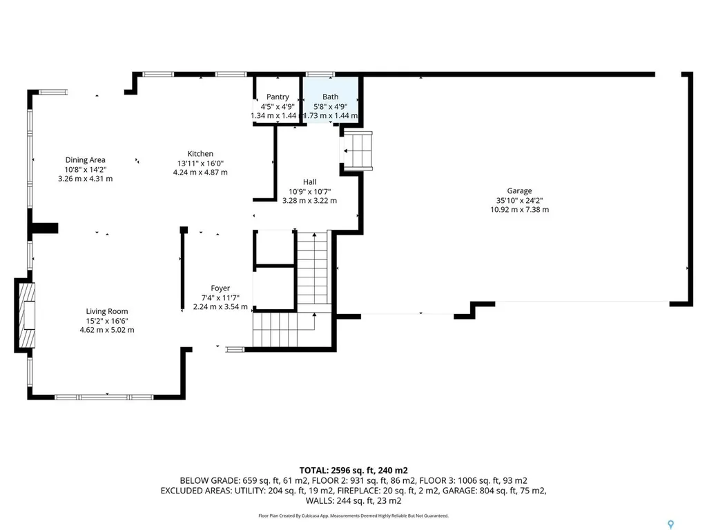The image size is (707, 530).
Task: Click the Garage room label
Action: pos(519,191)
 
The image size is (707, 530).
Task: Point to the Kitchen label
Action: pos(200,154)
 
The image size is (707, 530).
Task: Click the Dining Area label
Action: pos(86,160)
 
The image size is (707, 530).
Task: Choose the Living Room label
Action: pos(106,311)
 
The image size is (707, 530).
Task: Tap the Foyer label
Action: pos(220,288)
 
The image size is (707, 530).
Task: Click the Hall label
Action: pos(309,182)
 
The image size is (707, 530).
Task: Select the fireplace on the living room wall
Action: pos(26,316)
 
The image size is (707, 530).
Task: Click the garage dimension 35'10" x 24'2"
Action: pos(519,201)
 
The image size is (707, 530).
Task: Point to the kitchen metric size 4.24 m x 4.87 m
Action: pos(200,173)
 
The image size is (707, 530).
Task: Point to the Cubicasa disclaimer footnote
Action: pos(353,516)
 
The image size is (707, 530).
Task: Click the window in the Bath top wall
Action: pos(320,74)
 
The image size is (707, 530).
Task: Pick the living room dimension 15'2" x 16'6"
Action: pos(106,320)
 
